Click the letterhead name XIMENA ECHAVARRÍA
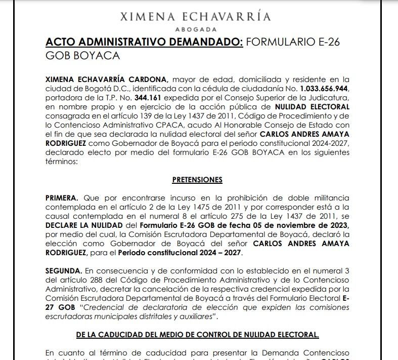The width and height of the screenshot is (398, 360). [x=195, y=16]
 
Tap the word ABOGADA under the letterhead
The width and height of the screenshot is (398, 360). [x=195, y=29]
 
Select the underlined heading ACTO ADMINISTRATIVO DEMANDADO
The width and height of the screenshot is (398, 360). [x=144, y=42]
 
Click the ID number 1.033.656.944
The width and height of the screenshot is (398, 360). [x=324, y=89]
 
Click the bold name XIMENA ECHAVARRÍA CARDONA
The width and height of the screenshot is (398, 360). [x=106, y=79]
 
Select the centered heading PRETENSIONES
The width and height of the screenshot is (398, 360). [x=197, y=180]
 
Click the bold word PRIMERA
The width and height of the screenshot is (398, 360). [x=62, y=197]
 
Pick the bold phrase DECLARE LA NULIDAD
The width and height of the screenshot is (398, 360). [x=83, y=225]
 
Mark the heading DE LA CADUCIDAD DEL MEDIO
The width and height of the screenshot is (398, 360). [x=197, y=335]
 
